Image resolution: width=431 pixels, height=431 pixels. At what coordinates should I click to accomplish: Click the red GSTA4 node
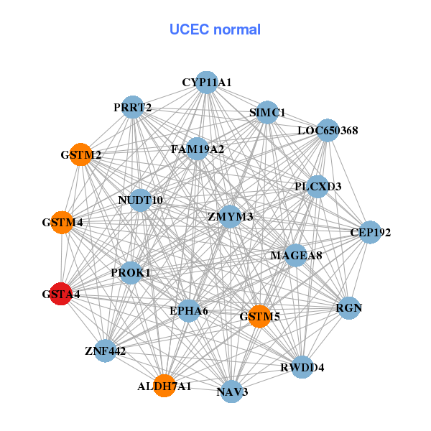(60, 294)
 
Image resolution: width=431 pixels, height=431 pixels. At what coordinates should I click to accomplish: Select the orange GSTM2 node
(81, 154)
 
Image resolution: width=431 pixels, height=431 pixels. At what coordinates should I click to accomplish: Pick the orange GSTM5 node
(259, 315)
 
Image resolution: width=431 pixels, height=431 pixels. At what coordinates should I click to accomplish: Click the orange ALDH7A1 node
(164, 386)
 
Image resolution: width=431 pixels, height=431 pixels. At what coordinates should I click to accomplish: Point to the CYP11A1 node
(206, 83)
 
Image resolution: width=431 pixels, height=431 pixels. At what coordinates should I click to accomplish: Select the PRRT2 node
(133, 108)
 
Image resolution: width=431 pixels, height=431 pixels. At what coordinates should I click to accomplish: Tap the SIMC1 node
(267, 112)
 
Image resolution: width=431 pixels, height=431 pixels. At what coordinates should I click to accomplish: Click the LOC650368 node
(328, 130)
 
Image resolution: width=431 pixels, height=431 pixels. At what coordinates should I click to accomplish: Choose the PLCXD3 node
(318, 186)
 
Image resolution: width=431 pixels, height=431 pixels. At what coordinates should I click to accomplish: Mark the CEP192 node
(370, 232)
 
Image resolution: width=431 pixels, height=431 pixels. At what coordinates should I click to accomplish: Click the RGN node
(349, 308)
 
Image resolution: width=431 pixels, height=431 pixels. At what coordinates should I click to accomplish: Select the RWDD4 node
(302, 367)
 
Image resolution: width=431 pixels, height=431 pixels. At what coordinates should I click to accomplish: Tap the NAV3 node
(231, 391)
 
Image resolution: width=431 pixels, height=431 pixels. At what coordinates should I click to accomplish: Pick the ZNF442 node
(105, 351)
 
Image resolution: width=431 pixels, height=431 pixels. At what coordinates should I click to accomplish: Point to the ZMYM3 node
(230, 216)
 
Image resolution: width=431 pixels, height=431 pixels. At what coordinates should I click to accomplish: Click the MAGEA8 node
(296, 255)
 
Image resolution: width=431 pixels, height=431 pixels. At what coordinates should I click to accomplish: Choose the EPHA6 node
(189, 310)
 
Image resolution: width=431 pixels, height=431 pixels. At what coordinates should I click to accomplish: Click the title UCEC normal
(215, 29)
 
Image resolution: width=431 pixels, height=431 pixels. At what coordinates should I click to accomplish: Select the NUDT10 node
(140, 200)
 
